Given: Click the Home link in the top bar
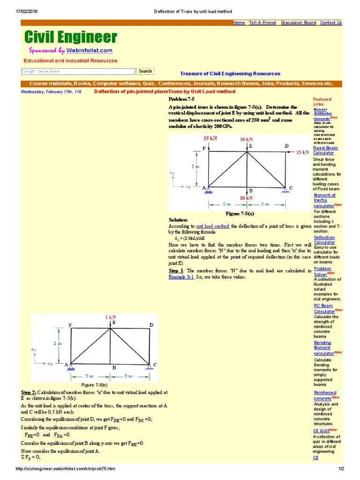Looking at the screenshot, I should tap(239, 22).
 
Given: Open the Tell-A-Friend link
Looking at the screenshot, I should tap(262, 22).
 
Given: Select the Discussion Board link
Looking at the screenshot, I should tap(299, 22).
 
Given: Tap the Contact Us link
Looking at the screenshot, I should tap(331, 22).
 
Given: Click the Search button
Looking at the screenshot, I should tap(145, 71).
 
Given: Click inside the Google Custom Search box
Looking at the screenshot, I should tap(78, 71).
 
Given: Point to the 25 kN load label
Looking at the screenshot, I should tap(210, 139).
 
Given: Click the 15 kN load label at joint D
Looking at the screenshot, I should tap(302, 152).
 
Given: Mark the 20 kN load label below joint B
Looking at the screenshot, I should tap(246, 198).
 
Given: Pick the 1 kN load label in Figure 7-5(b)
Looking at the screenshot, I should tap(110, 317).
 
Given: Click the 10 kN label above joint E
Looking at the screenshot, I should tap(246, 139).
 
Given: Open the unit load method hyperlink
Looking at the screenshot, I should tap(212, 226).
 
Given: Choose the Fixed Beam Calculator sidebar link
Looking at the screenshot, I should tap(325, 150).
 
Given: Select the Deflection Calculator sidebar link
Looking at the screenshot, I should tap(324, 240).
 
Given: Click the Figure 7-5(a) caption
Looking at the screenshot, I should tap(240, 213).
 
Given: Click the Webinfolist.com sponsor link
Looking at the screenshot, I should tap(90, 51).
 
